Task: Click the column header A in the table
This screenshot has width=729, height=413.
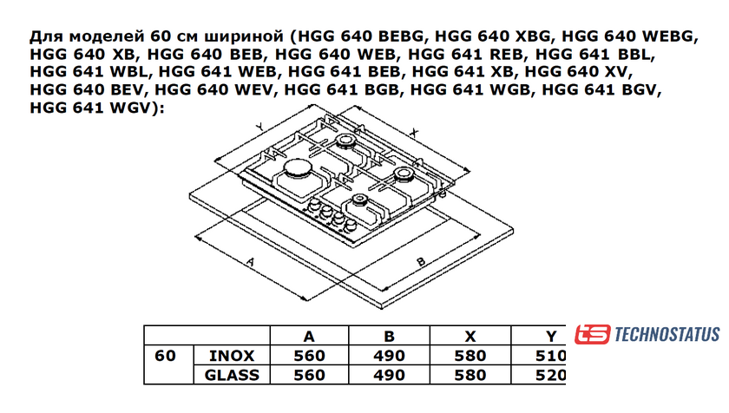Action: coord(309,336)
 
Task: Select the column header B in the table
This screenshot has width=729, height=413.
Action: coord(389,336)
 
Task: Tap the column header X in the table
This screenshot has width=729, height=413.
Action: coord(470,336)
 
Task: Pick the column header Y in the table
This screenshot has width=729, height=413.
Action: coord(551,336)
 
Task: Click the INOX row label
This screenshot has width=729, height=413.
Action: coord(232,356)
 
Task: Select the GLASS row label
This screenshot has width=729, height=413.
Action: coord(232,375)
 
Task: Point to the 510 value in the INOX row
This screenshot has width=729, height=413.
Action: coord(550,356)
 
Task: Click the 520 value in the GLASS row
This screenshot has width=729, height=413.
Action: coord(550,375)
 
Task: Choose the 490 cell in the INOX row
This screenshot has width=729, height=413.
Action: coord(389,356)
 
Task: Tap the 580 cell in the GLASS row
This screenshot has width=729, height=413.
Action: coord(470,375)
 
